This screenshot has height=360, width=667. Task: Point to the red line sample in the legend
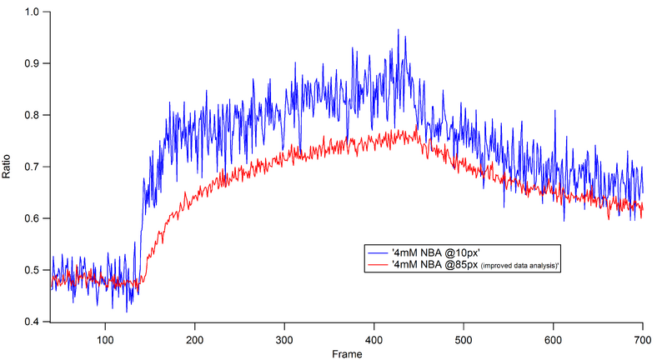378,264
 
